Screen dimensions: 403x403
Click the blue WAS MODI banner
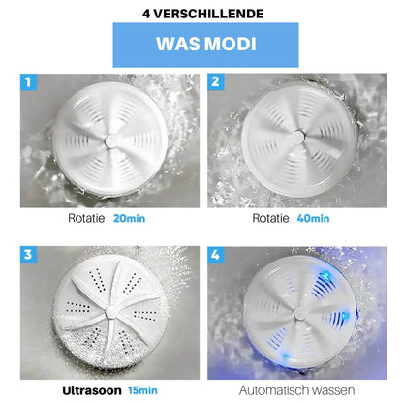point(201,46)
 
